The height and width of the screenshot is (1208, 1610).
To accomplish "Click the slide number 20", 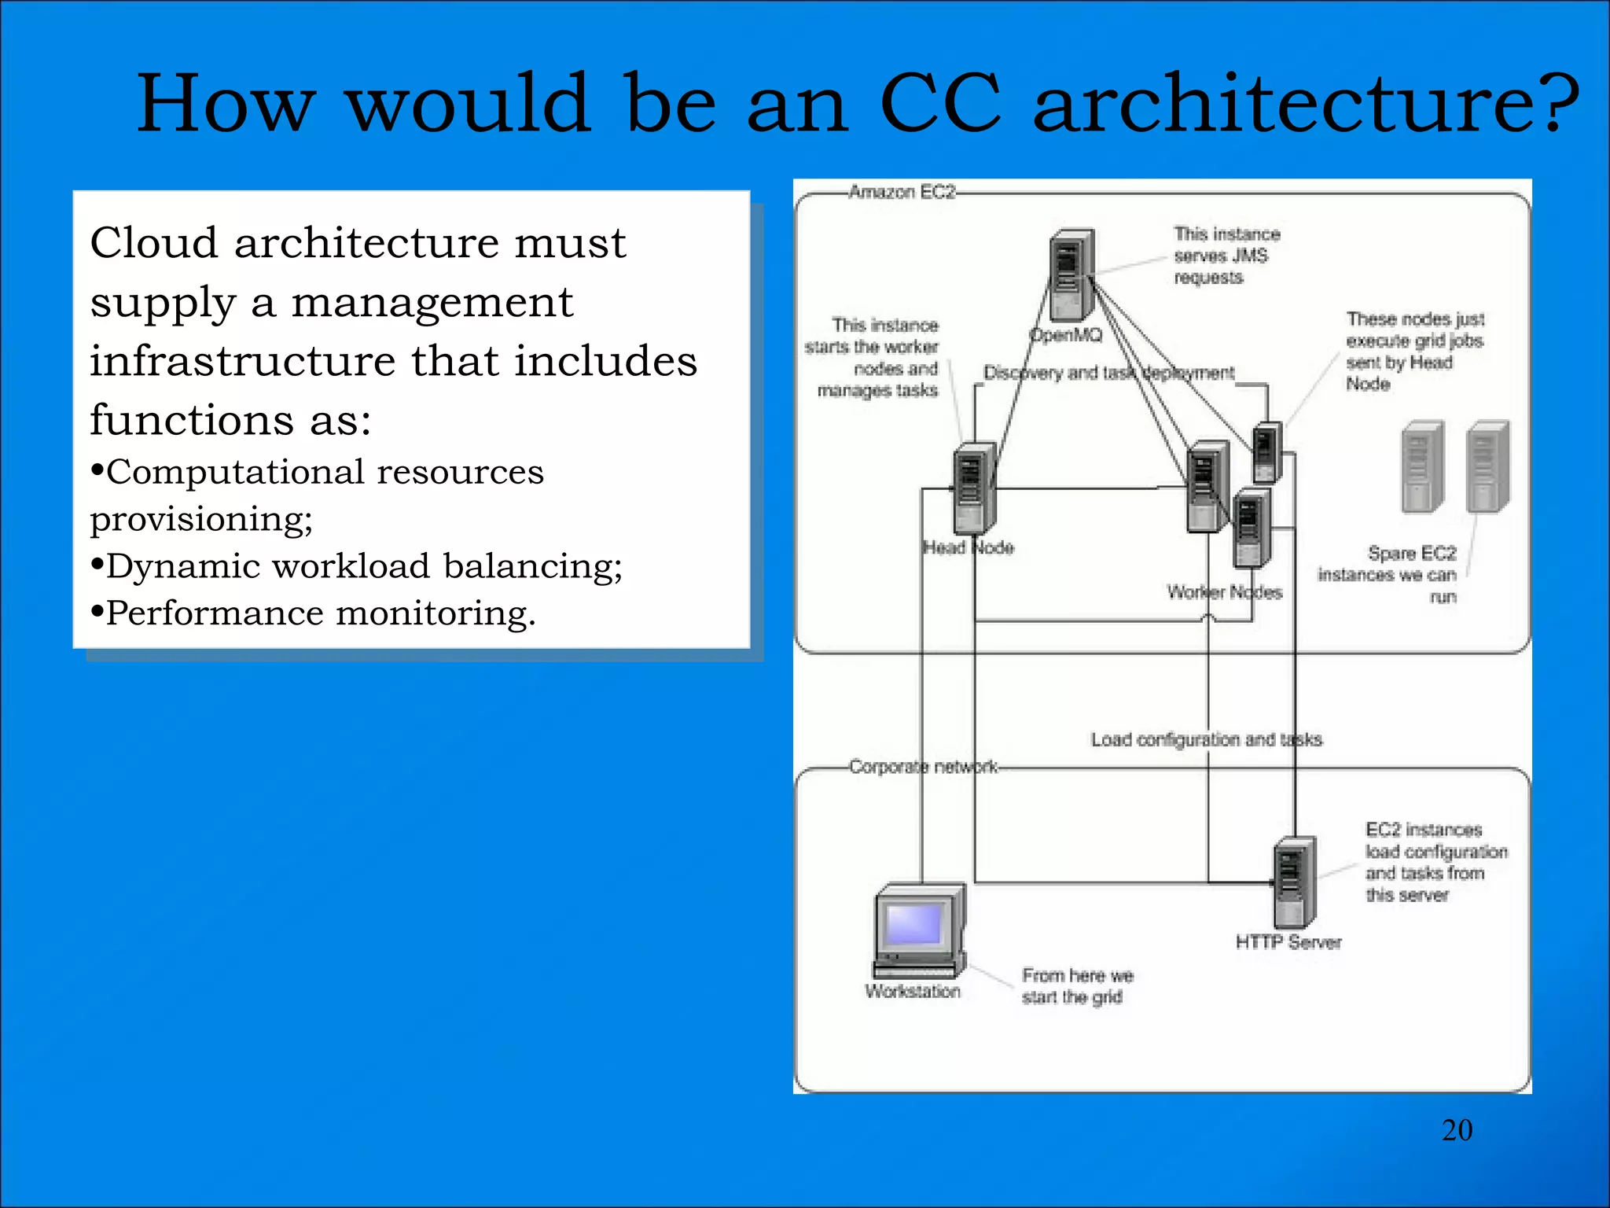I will [x=1457, y=1130].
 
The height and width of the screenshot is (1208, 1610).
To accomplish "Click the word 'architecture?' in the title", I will [x=1306, y=104].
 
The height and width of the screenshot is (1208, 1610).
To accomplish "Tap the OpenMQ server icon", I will [x=1071, y=274].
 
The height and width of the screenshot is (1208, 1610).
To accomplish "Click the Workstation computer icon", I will [x=919, y=931].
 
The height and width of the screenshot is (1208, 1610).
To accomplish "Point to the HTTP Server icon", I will [x=1293, y=881].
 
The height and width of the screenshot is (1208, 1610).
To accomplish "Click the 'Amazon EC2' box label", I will [x=902, y=192].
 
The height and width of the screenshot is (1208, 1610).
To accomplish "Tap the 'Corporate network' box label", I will [x=923, y=766].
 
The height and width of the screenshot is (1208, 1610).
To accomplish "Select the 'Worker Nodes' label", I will [x=1224, y=592].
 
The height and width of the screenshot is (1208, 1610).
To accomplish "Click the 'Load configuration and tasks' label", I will [x=1206, y=739].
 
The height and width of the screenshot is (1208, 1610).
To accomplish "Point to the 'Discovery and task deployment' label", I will [x=1108, y=373].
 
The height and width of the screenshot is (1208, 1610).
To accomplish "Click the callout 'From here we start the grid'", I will [x=1077, y=986].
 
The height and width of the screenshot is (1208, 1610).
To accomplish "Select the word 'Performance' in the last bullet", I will [x=215, y=613].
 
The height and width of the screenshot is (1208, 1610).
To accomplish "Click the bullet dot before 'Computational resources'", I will [x=97, y=471].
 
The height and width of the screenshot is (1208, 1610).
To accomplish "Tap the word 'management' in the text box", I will [x=432, y=303].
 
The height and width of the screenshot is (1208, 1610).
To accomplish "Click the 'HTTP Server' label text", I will [x=1288, y=942].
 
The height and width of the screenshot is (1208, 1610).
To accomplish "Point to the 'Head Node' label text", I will [x=969, y=547].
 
